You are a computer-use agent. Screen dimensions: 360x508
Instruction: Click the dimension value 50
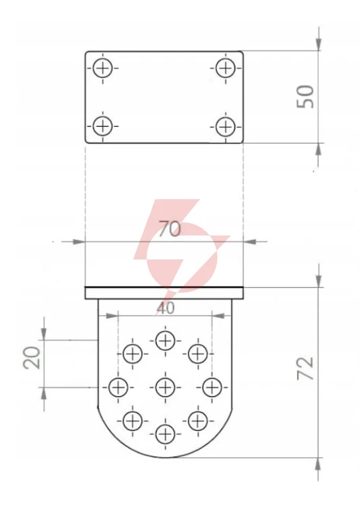coord(305,97)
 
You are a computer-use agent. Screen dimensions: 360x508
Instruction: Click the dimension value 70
coord(169,229)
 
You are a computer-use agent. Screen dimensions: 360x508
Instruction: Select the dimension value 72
coord(305,368)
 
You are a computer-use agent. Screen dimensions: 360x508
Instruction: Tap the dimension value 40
coord(165,308)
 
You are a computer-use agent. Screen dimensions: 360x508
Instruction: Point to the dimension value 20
coord(32,358)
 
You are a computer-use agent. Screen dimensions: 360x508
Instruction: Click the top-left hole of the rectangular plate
coord(102,68)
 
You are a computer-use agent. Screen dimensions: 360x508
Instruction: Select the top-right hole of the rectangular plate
coord(225,68)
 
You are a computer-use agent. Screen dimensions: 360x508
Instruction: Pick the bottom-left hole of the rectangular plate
coord(102,126)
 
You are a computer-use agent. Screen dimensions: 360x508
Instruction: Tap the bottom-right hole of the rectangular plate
coord(225,126)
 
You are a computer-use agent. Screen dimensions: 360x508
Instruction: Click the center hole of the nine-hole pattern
coord(165,387)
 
